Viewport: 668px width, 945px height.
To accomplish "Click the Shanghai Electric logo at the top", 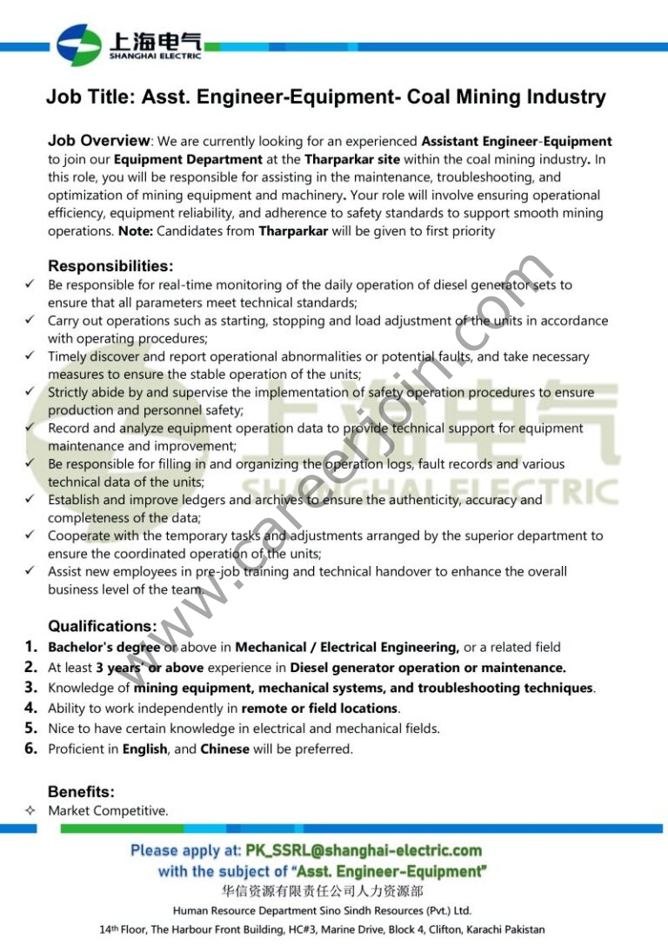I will click(129, 44).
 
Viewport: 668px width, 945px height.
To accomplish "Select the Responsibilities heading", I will click(110, 266).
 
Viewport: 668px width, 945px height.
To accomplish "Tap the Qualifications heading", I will click(103, 626).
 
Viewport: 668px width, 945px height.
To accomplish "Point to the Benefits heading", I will click(81, 792).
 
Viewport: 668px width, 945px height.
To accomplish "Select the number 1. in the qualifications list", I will click(31, 647).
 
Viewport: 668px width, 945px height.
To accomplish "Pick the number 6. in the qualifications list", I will click(31, 749).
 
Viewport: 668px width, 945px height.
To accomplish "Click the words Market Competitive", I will click(108, 811).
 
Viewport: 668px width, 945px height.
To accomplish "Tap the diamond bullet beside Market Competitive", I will click(30, 811).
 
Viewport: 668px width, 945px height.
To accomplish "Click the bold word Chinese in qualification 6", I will click(224, 749).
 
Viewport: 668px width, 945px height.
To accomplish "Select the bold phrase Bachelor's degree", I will click(104, 648).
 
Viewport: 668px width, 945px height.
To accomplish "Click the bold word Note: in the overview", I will click(136, 232).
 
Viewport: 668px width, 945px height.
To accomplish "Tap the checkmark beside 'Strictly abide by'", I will click(30, 392).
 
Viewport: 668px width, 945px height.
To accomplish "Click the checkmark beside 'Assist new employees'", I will click(30, 571).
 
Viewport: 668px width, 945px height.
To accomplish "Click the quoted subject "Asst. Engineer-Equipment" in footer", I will click(389, 871).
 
